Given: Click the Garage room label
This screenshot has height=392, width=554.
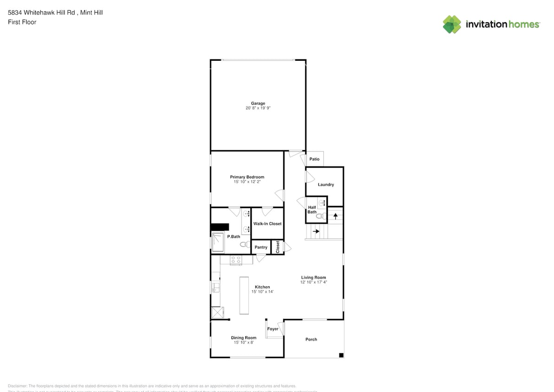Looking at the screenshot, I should click(258, 104).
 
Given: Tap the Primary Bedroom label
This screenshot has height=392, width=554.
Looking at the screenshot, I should click(247, 177).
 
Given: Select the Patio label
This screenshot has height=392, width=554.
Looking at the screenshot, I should click(314, 159).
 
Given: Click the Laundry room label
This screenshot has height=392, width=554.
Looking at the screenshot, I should click(326, 184).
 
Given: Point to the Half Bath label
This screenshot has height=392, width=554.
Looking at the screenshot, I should click(312, 210).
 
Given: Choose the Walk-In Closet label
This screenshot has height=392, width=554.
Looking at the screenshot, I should click(267, 224).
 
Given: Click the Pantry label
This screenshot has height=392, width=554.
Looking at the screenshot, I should click(261, 248).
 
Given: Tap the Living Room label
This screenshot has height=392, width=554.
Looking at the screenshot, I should click(313, 278).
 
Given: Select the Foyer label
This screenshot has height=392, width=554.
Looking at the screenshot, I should click(273, 329).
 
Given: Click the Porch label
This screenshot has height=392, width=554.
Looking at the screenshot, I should click(311, 340).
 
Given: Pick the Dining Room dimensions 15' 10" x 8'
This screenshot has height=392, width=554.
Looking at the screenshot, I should click(244, 342).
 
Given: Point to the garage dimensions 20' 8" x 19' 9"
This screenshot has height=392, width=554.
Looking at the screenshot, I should click(258, 108).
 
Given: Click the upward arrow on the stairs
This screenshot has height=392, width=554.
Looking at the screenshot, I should click(335, 216).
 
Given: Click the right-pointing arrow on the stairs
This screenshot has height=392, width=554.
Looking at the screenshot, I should click(316, 231).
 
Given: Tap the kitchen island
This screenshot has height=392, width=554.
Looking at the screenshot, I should click(244, 295).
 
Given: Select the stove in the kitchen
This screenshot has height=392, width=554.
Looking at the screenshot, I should click(236, 261).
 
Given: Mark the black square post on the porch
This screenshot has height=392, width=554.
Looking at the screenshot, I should click(341, 355).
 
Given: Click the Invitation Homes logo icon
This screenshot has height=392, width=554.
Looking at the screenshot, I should click(452, 24).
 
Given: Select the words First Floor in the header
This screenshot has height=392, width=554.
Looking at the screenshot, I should click(22, 22).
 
